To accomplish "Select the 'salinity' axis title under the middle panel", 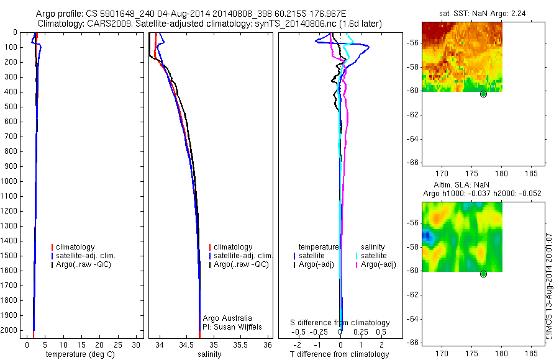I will coord(209,354).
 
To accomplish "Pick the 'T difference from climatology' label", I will coord(340,354).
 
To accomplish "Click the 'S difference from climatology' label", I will coord(340,323).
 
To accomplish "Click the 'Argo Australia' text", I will coord(227,318).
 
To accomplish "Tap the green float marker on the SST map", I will coord(483,94).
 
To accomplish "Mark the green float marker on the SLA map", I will coord(483,274).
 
